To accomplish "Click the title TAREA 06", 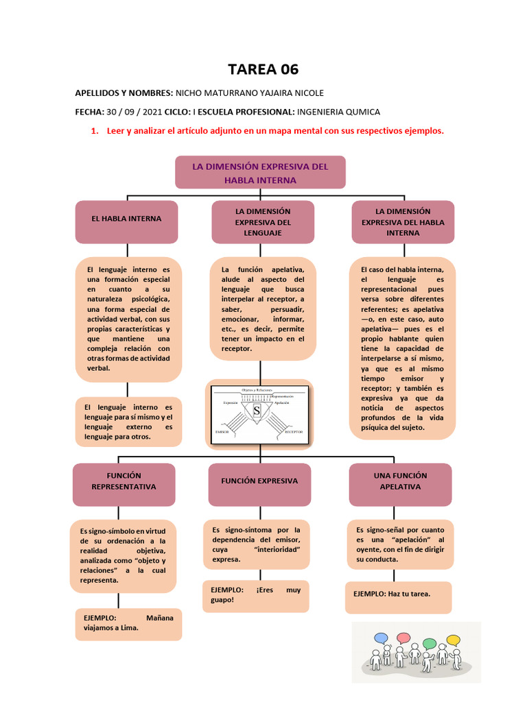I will [263, 69].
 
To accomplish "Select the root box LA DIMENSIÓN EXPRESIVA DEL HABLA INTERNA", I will [260, 173].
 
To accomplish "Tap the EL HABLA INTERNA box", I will [127, 219].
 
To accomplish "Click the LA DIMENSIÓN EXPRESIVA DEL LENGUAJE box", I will [263, 222].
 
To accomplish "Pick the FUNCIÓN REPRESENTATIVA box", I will [124, 481].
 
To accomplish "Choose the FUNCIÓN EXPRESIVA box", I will [259, 481].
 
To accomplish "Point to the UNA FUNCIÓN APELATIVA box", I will [400, 481].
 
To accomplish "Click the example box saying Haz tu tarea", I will [398, 594].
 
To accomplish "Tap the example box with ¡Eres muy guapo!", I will [255, 595].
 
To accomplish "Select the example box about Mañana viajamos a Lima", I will [128, 622].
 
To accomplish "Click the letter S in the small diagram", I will [257, 411].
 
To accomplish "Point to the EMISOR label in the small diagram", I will [223, 433].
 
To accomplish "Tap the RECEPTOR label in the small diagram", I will [293, 433].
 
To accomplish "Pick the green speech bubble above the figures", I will [430, 644].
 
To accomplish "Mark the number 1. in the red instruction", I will [95, 131].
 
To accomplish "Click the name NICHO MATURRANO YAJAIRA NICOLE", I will [250, 93].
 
